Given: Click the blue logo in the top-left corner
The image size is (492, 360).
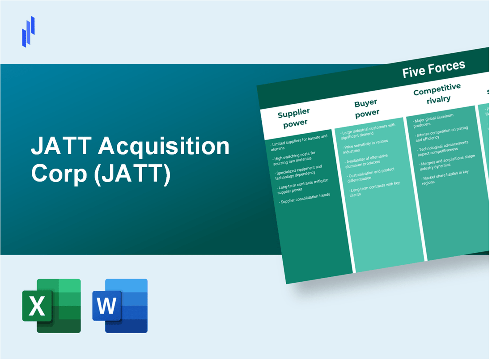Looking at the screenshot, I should [x=29, y=31].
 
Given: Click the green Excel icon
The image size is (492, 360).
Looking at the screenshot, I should [x=51, y=306].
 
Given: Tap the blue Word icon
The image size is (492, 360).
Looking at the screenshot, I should [x=120, y=306].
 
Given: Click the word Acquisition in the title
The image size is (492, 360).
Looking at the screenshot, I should [x=165, y=147].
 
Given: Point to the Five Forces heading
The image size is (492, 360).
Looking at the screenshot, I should [x=433, y=68].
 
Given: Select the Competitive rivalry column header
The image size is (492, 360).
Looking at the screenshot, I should [x=437, y=93].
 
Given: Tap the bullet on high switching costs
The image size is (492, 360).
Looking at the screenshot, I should [x=295, y=158].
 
